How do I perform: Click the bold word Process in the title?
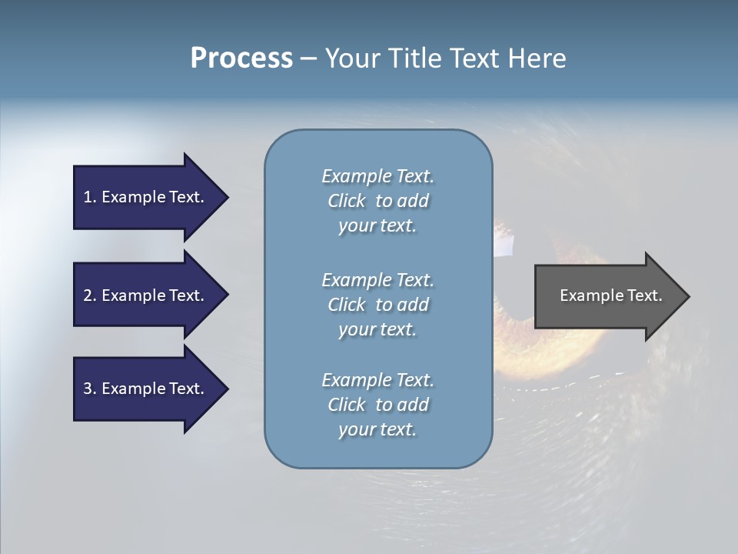pyautogui.click(x=241, y=58)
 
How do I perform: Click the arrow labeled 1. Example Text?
pyautogui.click(x=146, y=197)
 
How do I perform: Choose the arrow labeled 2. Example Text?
pyautogui.click(x=146, y=295)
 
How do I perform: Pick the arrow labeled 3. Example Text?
pyautogui.click(x=146, y=389)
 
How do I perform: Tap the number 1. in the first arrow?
pyautogui.click(x=90, y=197)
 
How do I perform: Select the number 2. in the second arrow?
pyautogui.click(x=90, y=295)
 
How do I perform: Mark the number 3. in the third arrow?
pyautogui.click(x=90, y=389)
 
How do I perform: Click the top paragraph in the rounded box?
pyautogui.click(x=377, y=201)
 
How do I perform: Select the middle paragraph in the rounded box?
pyautogui.click(x=377, y=305)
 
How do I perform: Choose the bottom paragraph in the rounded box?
pyautogui.click(x=377, y=405)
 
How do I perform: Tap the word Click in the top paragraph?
pyautogui.click(x=347, y=201)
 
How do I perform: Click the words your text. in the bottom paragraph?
pyautogui.click(x=377, y=429)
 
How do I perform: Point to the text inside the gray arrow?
pyautogui.click(x=610, y=295)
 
